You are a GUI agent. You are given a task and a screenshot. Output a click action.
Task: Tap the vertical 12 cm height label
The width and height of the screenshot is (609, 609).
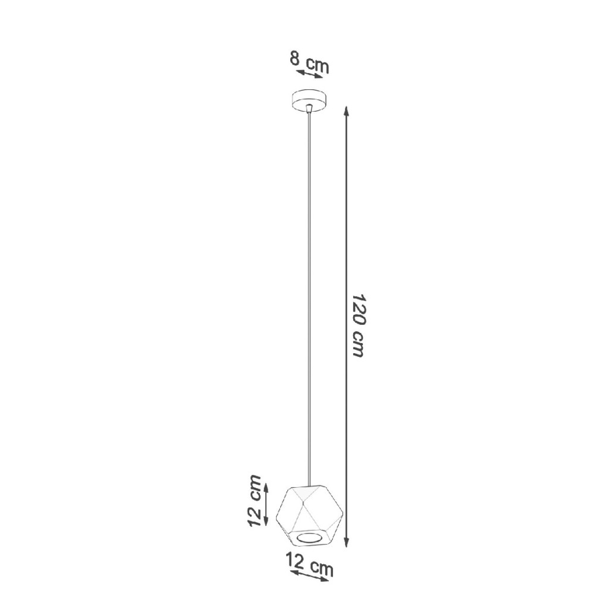(255, 501)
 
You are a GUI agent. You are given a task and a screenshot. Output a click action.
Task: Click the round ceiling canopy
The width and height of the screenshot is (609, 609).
(309, 101)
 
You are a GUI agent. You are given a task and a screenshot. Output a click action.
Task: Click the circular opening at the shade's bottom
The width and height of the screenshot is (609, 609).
(309, 538)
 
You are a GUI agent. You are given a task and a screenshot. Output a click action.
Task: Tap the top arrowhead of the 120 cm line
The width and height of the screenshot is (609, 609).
(347, 110)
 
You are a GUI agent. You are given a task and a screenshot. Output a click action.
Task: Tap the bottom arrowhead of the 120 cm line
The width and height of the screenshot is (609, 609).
(347, 543)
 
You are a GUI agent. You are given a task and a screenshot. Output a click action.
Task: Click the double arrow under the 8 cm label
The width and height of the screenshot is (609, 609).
(309, 74)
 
